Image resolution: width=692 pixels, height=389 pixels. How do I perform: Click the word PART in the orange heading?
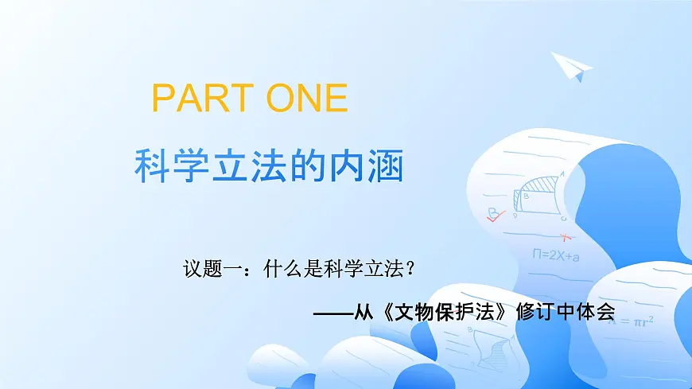pos(193,98)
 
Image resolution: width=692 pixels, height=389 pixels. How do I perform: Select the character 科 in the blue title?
pos(152,165)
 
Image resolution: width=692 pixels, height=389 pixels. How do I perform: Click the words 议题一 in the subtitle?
pos(209,270)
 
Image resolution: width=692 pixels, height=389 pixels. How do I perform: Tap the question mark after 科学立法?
pos(410,270)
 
